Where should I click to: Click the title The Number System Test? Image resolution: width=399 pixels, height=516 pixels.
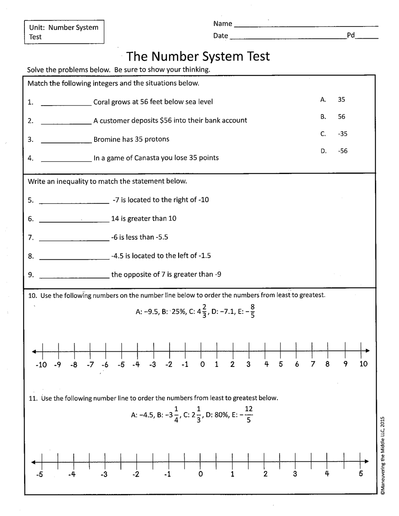[198, 56]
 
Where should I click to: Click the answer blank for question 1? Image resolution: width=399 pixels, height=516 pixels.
[66, 104]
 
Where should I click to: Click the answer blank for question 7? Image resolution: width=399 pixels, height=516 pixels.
[74, 240]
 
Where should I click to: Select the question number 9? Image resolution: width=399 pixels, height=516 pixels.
[31, 275]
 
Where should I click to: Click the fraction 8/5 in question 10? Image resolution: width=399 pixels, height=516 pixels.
[252, 311]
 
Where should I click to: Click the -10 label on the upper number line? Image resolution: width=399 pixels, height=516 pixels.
[41, 364]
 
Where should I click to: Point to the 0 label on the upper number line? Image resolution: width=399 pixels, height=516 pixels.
[202, 364]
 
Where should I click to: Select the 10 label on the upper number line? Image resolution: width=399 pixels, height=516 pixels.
[364, 364]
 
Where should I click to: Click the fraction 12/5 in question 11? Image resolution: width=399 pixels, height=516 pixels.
[249, 415]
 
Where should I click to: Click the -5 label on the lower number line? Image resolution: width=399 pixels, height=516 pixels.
[39, 474]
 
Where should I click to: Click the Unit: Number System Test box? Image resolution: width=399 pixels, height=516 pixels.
[64, 32]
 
